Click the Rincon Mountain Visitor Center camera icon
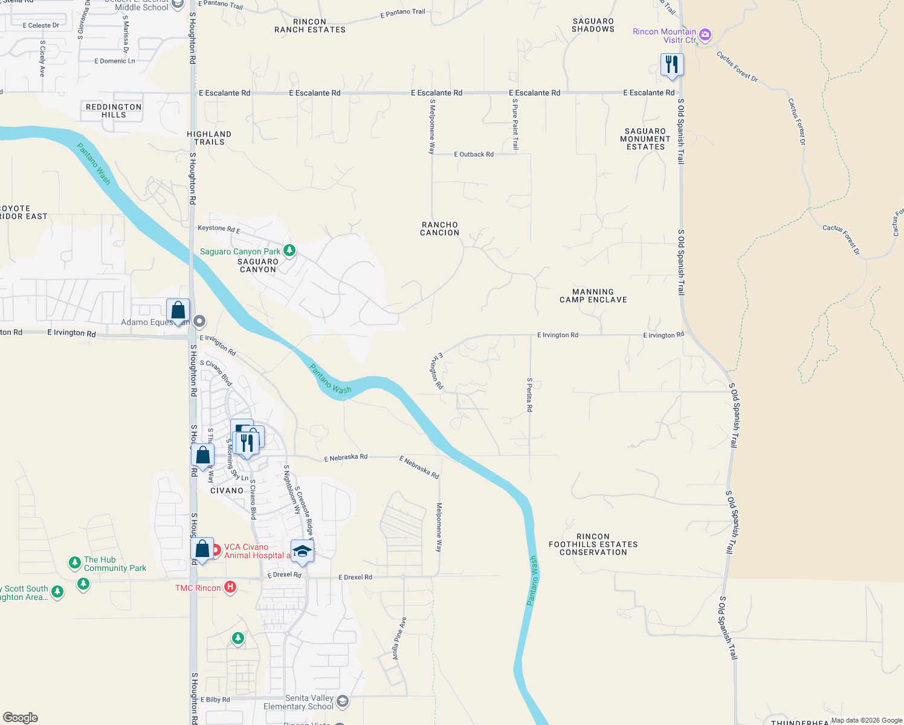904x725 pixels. [x=705, y=35]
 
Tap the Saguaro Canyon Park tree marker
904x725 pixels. [x=289, y=250]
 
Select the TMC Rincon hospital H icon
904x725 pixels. [x=230, y=587]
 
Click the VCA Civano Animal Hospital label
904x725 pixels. [x=254, y=551]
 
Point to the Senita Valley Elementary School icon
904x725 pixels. [x=343, y=701]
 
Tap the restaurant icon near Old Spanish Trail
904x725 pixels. [x=671, y=65]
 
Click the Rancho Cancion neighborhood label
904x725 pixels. [x=440, y=228]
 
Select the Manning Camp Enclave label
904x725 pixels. [x=593, y=295]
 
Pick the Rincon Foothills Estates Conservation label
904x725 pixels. [x=593, y=544]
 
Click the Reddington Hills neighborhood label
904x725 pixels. [x=114, y=111]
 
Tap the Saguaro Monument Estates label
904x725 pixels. [x=645, y=139]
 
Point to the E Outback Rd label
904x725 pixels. [x=474, y=155]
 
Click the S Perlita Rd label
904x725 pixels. [x=529, y=395]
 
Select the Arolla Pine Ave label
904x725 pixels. [x=399, y=639]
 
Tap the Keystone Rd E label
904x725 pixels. [x=219, y=229]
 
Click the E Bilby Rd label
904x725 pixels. [x=215, y=700]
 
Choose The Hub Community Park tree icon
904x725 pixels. [x=74, y=563]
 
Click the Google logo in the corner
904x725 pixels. [x=21, y=718]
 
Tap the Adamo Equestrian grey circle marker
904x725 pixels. [x=199, y=321]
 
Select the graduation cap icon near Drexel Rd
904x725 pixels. [x=302, y=551]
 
